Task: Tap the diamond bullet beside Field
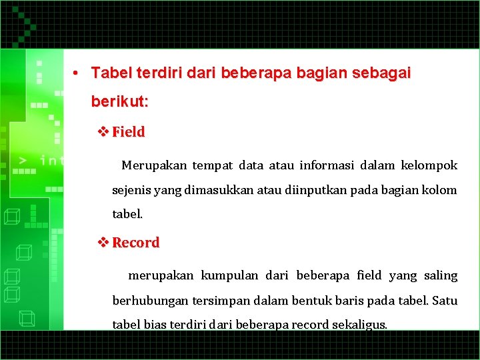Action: [x=103, y=131]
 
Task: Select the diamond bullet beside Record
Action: [x=103, y=242]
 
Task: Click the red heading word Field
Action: [x=128, y=132]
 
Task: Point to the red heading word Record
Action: [x=136, y=243]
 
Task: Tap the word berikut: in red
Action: [x=120, y=103]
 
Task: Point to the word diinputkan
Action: [x=314, y=191]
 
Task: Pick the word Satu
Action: [x=445, y=301]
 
